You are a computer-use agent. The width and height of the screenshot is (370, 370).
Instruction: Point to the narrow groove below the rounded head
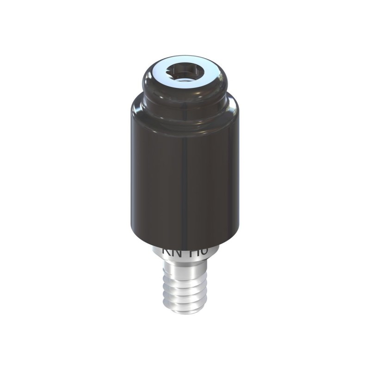click(x=185, y=99)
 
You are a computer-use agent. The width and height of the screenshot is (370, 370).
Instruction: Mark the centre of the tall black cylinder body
click(x=185, y=176)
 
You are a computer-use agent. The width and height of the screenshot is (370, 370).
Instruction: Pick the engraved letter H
click(x=196, y=251)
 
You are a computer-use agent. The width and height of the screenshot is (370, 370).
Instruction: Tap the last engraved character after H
click(x=204, y=251)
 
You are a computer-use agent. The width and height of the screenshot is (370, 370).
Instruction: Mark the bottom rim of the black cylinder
click(x=185, y=244)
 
